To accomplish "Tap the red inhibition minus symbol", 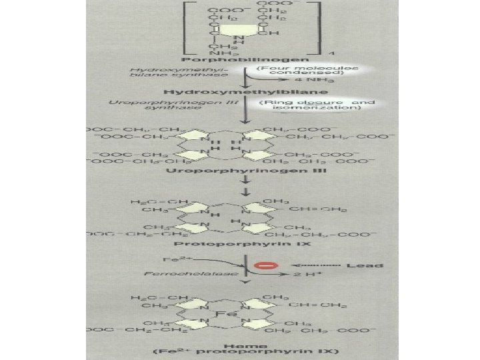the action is tap(266, 266).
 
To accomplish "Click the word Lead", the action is tap(365, 265).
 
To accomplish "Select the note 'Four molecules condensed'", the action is tap(309, 70).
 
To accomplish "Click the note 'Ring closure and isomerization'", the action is tap(315, 105).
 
